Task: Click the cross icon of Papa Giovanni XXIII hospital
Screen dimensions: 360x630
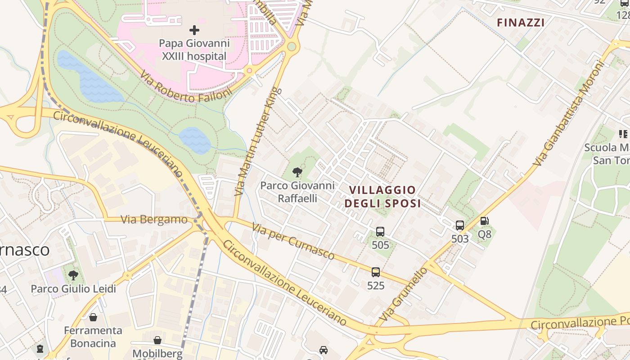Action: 194,30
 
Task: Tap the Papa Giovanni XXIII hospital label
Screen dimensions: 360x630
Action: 194,50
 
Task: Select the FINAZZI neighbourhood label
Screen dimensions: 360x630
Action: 521,22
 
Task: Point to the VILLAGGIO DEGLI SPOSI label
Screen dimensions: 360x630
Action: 382,197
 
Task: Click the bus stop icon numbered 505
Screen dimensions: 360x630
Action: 380,232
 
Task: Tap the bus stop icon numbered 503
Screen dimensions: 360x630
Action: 459,225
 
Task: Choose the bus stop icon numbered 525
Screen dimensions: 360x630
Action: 376,272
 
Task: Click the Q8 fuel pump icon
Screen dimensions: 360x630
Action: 484,221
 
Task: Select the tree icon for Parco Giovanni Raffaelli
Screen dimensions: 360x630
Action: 297,171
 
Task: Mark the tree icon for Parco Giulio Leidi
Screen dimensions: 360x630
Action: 73,275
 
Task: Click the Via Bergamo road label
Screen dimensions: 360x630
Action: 154,220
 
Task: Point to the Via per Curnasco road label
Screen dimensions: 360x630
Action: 293,242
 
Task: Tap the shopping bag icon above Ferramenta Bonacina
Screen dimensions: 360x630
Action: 93,317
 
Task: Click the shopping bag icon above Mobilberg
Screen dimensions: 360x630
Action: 157,340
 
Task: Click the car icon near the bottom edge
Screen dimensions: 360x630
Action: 323,350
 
